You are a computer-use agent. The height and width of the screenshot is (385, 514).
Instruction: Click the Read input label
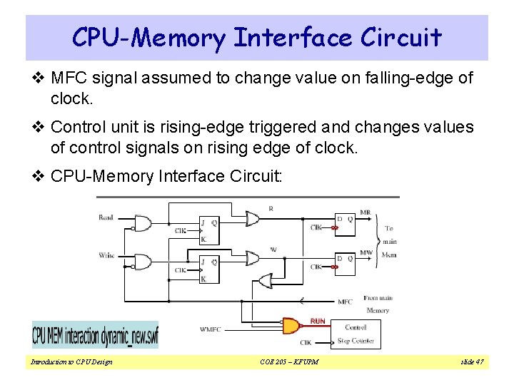click(106, 217)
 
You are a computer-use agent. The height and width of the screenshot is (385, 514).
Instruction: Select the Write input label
click(106, 255)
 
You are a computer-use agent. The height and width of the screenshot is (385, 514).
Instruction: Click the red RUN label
click(318, 322)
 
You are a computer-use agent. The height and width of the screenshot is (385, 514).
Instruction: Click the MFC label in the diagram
click(345, 302)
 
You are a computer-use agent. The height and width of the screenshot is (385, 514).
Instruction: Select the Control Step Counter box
click(355, 334)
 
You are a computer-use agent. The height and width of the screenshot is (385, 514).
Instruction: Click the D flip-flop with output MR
click(344, 223)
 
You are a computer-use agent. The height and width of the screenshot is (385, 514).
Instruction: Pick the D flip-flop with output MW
click(344, 263)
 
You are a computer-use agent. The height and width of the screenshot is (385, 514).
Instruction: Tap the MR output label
click(365, 212)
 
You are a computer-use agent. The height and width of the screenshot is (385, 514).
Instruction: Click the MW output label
click(365, 252)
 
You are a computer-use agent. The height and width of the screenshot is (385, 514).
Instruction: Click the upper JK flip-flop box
click(210, 229)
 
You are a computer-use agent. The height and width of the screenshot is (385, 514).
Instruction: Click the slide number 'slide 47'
click(472, 362)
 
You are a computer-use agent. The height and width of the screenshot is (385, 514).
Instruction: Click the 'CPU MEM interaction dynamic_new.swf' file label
click(95, 334)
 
